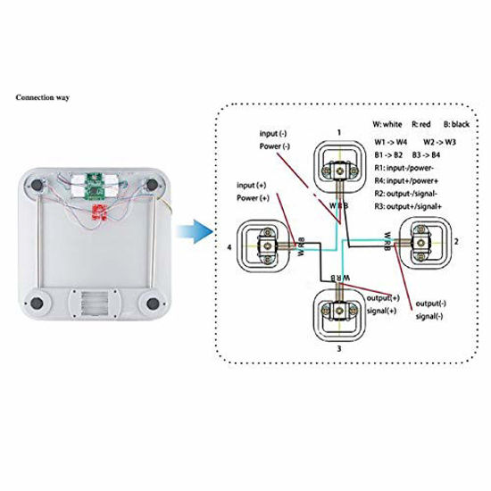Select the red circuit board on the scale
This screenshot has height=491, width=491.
tap(98, 212)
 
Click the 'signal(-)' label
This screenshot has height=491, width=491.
tap(433, 317)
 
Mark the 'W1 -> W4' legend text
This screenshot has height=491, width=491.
tap(392, 141)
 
